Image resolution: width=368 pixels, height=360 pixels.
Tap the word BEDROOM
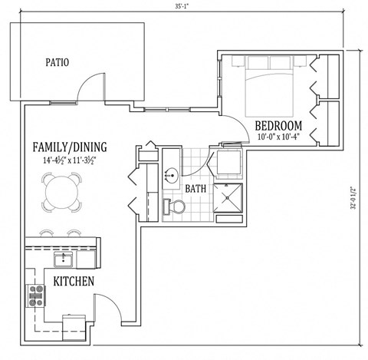278,126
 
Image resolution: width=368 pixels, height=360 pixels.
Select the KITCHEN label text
74,282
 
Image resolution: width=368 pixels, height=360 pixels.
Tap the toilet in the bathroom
176,206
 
